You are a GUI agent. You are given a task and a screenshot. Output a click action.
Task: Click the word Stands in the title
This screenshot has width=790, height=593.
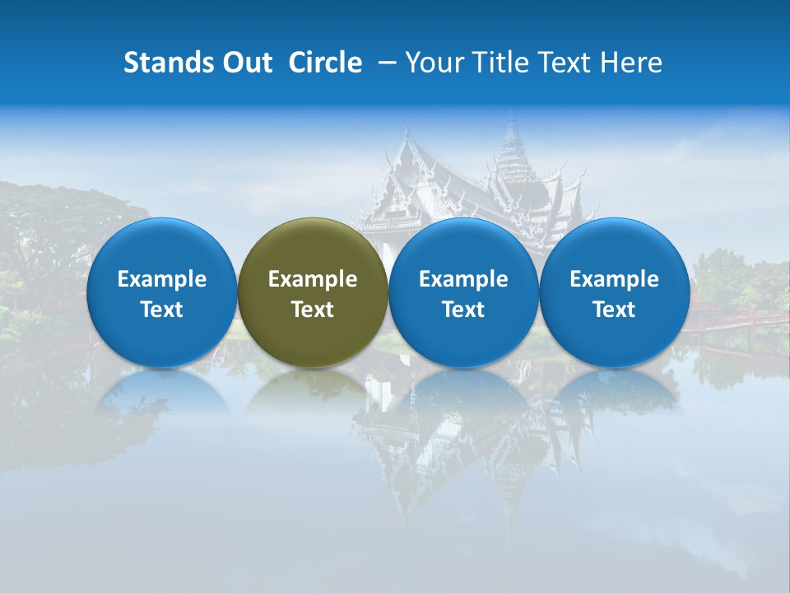169,63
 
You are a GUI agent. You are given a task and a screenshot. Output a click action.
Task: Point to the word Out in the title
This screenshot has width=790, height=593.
247,63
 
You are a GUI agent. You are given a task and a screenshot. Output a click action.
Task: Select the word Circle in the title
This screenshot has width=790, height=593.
325,63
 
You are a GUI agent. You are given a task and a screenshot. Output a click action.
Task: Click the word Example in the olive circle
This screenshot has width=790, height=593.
313,279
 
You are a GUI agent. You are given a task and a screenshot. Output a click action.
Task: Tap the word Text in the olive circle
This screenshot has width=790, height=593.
313,310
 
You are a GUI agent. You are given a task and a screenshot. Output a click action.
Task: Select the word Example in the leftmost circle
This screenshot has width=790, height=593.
161,279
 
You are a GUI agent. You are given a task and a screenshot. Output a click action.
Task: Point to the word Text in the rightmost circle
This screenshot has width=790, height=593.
614,310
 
